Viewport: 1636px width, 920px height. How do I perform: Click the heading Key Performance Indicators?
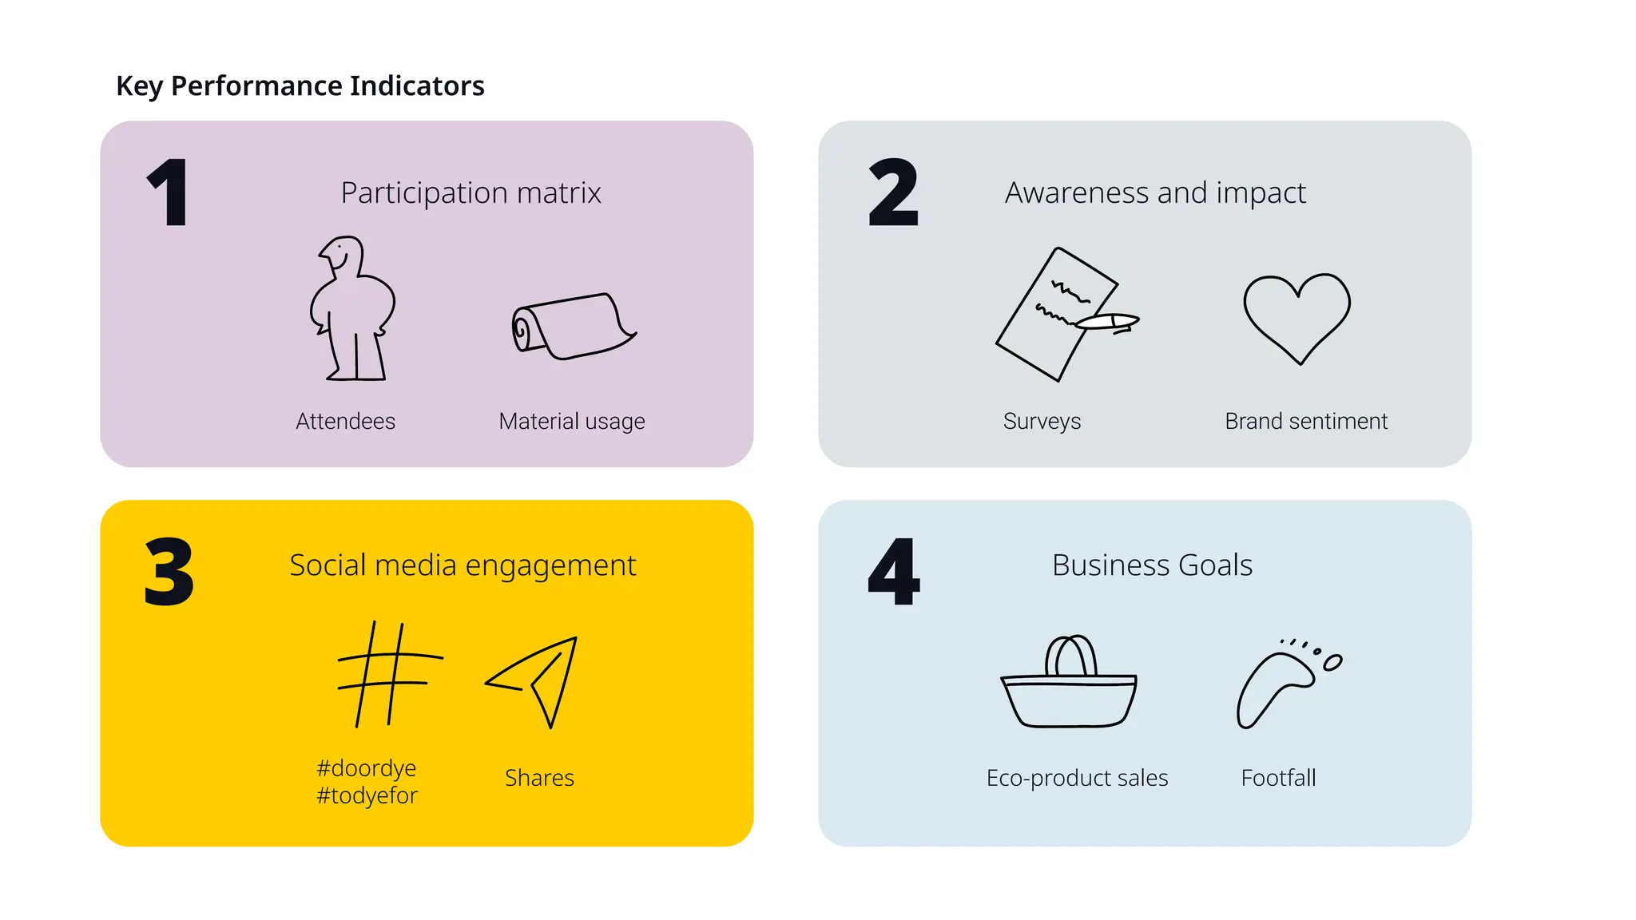[300, 85]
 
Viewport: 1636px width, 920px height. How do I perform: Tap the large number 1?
[169, 192]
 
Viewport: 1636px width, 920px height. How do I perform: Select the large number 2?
[893, 192]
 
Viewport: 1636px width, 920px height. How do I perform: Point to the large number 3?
[169, 571]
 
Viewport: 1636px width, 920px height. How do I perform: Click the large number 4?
[894, 571]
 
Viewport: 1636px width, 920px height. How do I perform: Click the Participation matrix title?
[471, 193]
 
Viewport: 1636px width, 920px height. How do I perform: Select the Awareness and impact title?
[1155, 193]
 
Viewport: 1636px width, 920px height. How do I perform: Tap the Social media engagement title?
[463, 565]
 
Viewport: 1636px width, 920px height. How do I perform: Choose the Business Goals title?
[1152, 565]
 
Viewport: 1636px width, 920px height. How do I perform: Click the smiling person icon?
[352, 308]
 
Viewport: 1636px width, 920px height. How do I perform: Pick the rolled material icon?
[572, 327]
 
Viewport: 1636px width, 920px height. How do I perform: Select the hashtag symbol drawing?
[388, 674]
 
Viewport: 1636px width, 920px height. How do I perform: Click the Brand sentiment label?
[1306, 421]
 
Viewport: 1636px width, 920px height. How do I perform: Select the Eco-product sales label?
[1077, 778]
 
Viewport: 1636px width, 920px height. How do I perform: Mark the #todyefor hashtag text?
[367, 795]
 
